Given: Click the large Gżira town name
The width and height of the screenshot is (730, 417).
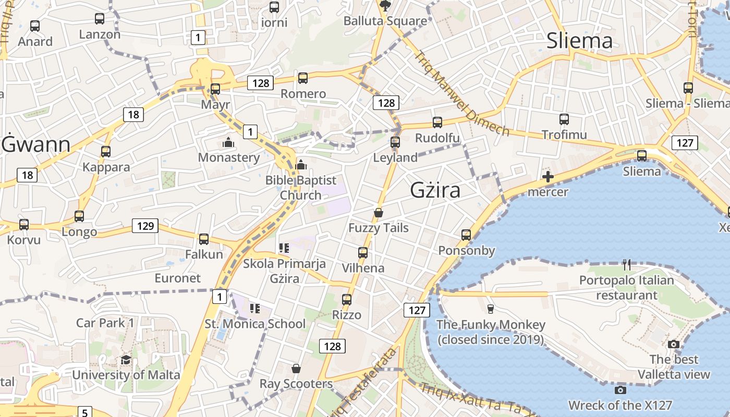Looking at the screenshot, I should pyautogui.click(x=435, y=190).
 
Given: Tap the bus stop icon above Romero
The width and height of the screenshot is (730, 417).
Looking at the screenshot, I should pyautogui.click(x=303, y=78).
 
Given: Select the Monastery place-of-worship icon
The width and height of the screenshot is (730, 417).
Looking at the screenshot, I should pyautogui.click(x=228, y=142).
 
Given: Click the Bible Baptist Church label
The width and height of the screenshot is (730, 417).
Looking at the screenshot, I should pyautogui.click(x=301, y=188).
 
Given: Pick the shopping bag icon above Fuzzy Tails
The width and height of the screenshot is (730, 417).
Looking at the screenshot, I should pyautogui.click(x=379, y=213).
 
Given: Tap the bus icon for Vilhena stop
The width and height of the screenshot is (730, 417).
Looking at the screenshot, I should pyautogui.click(x=363, y=253).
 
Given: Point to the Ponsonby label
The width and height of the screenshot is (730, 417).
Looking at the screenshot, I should pyautogui.click(x=466, y=251).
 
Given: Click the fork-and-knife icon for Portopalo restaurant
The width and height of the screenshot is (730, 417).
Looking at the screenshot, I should pyautogui.click(x=627, y=265).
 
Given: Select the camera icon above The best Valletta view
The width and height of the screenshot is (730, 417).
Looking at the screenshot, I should pyautogui.click(x=674, y=344).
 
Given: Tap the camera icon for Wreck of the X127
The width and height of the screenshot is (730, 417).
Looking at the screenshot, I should pyautogui.click(x=620, y=390).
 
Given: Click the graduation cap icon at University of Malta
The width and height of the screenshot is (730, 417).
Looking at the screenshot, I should pyautogui.click(x=126, y=360).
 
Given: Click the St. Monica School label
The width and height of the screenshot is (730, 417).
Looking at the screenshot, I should pyautogui.click(x=255, y=324).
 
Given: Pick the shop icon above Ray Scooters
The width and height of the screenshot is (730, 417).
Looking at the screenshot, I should pyautogui.click(x=296, y=369).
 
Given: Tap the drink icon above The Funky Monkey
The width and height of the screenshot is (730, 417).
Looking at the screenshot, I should pyautogui.click(x=490, y=309).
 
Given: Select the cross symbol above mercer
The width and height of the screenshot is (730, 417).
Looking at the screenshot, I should pyautogui.click(x=547, y=177).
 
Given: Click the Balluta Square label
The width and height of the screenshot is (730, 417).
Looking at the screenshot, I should pyautogui.click(x=385, y=21).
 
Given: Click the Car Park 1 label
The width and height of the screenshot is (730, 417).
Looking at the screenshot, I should pyautogui.click(x=105, y=323).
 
